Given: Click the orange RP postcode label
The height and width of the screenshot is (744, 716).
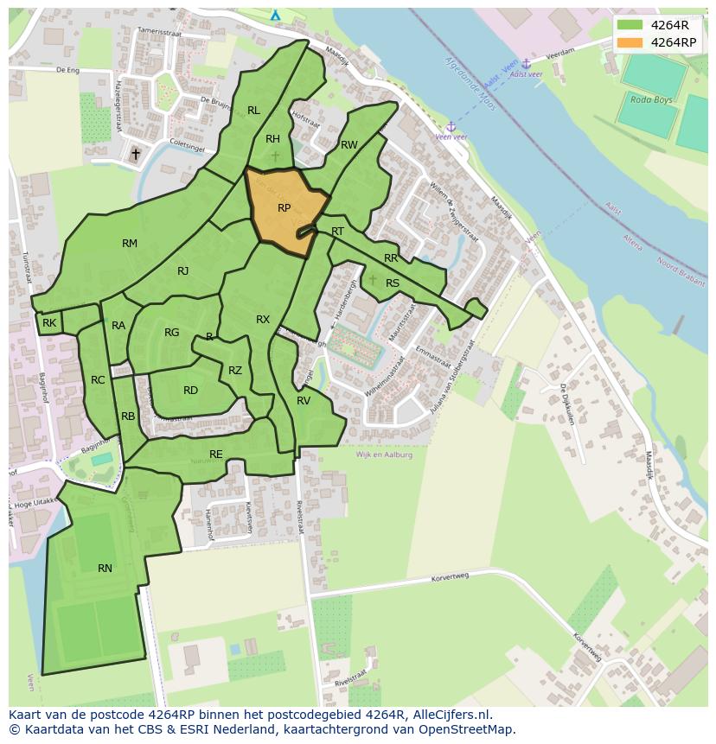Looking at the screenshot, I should [284, 208].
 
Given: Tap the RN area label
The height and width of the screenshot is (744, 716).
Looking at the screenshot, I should [105, 569].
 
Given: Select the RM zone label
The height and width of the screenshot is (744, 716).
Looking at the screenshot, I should [130, 244].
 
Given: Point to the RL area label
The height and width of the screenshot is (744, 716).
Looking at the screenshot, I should [253, 111].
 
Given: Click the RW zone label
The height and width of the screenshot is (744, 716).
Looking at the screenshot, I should [348, 145].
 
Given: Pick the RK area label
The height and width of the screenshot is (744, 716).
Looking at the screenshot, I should [49, 323].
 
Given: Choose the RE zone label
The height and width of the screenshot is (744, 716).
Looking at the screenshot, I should [216, 455].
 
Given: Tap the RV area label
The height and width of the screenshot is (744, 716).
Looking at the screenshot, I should [304, 401].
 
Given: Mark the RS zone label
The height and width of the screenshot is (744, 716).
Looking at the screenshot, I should [393, 283].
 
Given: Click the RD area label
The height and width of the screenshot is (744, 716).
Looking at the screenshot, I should [190, 391].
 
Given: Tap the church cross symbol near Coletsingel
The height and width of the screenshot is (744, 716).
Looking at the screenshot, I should [135, 155].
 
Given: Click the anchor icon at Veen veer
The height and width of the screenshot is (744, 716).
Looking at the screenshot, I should [450, 126].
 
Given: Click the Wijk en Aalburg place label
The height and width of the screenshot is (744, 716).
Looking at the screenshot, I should [384, 455].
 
